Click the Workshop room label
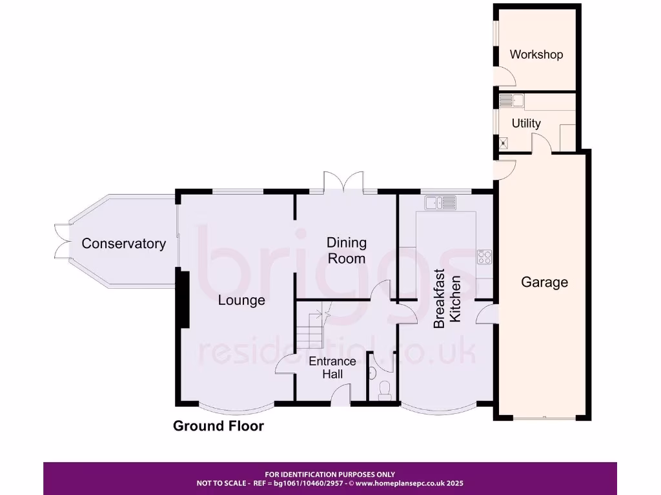coord(536,55)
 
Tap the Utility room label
coord(526,123)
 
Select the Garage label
coord(544,282)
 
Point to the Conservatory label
coord(123,244)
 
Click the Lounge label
coord(241,300)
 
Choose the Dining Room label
coord(346,251)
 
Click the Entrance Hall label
coord(332,367)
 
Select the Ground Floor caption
coord(218,426)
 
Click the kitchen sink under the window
coord(440,203)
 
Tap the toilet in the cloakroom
coord(385,389)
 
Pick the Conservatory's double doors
coord(61,240)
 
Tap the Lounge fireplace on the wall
coord(183,300)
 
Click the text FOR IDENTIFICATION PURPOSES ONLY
coord(330,474)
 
